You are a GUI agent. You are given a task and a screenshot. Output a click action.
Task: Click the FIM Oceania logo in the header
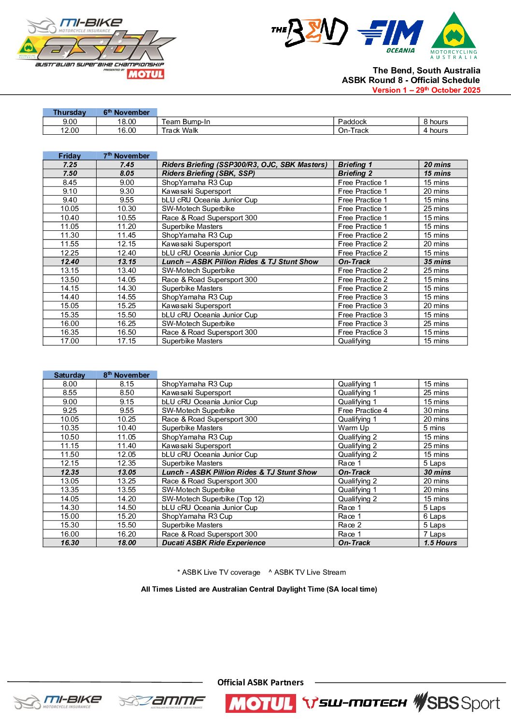pos(391,36)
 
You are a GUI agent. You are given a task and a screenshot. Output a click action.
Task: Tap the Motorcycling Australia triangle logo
pos(454,35)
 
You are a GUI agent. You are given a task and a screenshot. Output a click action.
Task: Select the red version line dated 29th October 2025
pos(426,90)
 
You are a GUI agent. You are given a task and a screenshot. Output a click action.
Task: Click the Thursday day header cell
pos(70,113)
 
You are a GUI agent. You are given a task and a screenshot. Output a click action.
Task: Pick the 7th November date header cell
pos(127,156)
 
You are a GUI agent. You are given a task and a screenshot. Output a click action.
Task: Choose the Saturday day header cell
pos(70,375)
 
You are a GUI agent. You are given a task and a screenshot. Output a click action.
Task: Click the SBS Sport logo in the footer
pos(456,703)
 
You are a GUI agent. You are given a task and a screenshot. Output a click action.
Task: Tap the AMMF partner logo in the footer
pos(162,702)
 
